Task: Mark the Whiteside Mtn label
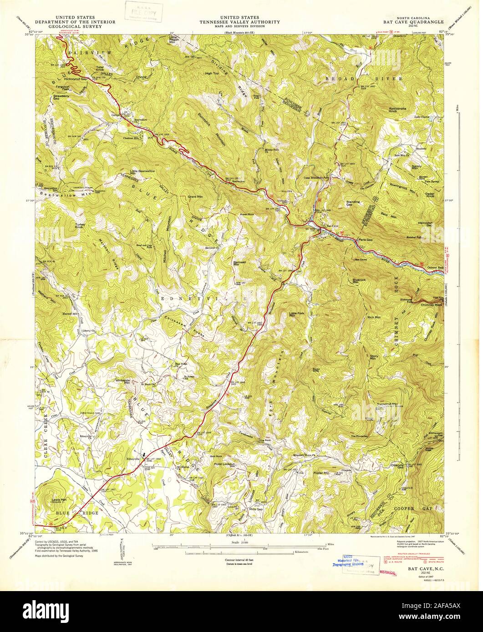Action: (123, 381)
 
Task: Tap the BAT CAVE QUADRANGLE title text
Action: (419, 21)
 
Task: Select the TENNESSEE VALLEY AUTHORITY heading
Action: (242, 21)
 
